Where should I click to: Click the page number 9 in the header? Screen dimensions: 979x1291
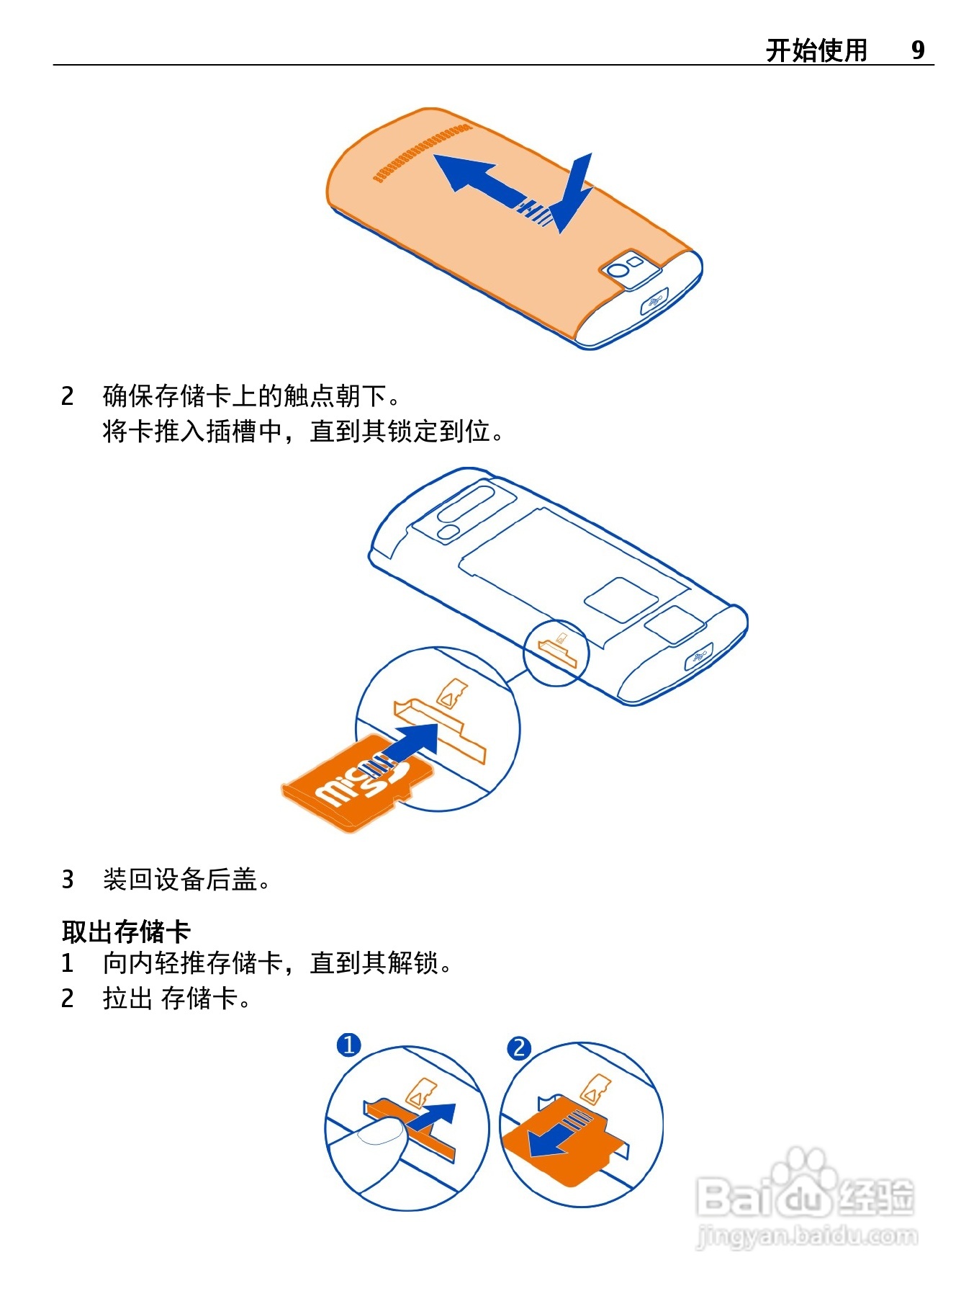[x=918, y=50]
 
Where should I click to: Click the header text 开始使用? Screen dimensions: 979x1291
[x=816, y=50]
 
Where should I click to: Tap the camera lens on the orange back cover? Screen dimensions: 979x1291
[x=618, y=270]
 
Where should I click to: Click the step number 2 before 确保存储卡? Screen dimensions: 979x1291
[x=67, y=396]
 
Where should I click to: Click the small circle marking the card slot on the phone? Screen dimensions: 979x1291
[x=556, y=653]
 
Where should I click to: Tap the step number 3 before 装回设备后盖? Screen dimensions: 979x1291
[x=67, y=879]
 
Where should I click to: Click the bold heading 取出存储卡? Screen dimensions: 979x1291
[x=126, y=931]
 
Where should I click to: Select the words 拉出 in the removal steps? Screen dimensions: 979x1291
[x=128, y=999]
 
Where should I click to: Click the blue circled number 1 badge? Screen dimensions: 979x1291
[x=349, y=1044]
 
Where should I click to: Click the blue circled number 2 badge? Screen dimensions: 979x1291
[x=519, y=1047]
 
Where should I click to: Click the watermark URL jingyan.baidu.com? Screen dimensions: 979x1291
[x=807, y=1236]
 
